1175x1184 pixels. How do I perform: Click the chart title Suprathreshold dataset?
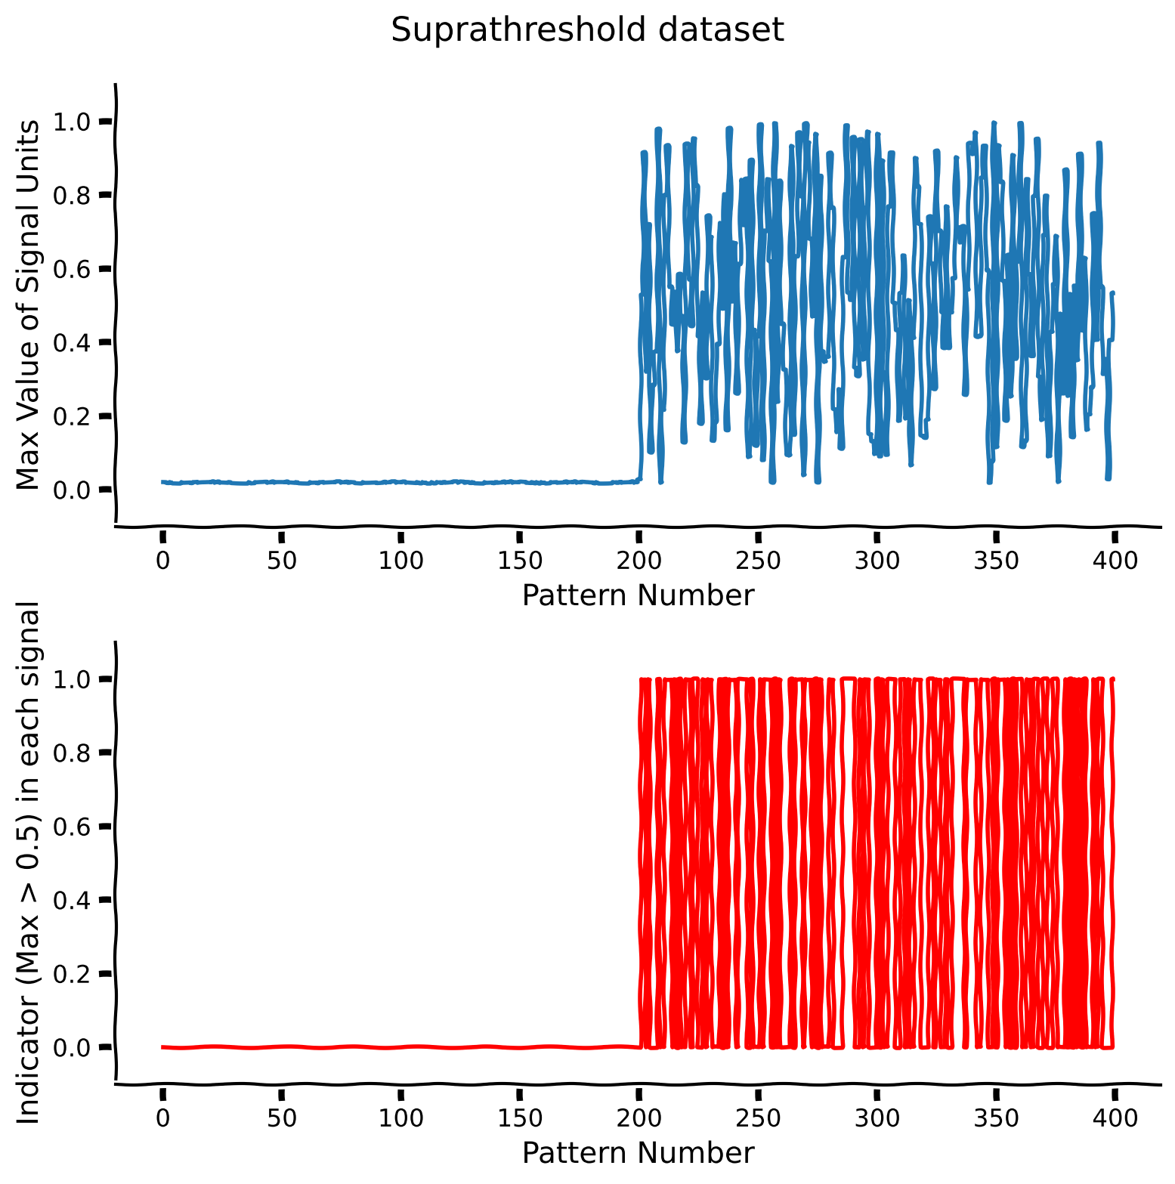coord(587,30)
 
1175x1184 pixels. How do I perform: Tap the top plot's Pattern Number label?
coord(638,595)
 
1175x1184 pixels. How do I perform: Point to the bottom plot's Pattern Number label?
coord(638,1153)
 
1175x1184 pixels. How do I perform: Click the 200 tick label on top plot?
coord(639,561)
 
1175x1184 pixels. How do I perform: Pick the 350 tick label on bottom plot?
coord(996,1119)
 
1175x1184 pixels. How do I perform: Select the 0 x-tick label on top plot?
coord(162,561)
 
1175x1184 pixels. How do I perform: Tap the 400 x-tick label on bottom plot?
coord(1115,1119)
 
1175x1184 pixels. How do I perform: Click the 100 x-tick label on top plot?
coord(400,561)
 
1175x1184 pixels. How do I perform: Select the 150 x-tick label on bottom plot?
coord(519,1119)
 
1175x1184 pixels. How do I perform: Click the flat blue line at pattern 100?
coord(400,482)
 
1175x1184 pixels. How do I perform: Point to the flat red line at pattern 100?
coord(400,1047)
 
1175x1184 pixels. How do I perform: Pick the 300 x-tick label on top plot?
coord(877,561)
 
